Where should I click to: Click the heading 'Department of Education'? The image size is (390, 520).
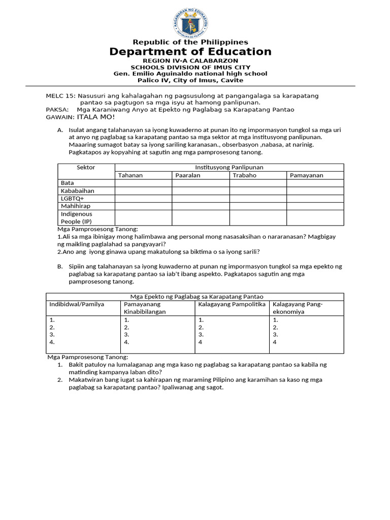click(190, 52)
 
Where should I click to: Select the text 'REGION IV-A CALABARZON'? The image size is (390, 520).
click(190, 61)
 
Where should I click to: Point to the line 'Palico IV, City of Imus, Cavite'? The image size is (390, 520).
click(190, 80)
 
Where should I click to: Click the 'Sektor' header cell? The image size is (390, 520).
click(86, 168)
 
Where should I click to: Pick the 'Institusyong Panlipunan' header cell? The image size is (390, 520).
click(229, 168)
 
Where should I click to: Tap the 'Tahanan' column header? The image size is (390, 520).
click(131, 175)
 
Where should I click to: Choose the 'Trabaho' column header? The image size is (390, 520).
click(244, 175)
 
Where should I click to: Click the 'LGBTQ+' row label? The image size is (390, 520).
click(72, 199)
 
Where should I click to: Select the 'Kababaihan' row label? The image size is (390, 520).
click(77, 191)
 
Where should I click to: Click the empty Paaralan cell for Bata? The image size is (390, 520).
click(200, 183)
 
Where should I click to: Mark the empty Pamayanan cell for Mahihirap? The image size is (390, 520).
click(315, 206)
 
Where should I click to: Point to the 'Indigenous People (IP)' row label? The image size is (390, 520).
click(77, 218)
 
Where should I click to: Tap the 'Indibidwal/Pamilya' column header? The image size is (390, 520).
click(77, 304)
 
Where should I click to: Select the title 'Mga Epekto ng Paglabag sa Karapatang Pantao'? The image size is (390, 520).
click(194, 297)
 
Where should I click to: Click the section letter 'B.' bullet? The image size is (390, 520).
click(60, 266)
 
